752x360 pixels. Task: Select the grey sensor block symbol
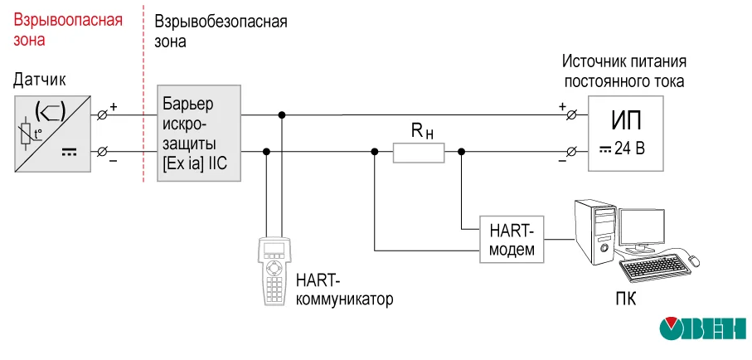52,133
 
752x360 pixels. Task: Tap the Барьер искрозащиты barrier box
200,133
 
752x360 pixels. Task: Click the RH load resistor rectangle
418,152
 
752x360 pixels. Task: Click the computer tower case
594,233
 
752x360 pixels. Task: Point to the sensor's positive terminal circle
103,114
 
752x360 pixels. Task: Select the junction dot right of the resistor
462,152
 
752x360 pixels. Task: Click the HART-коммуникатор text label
343,289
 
